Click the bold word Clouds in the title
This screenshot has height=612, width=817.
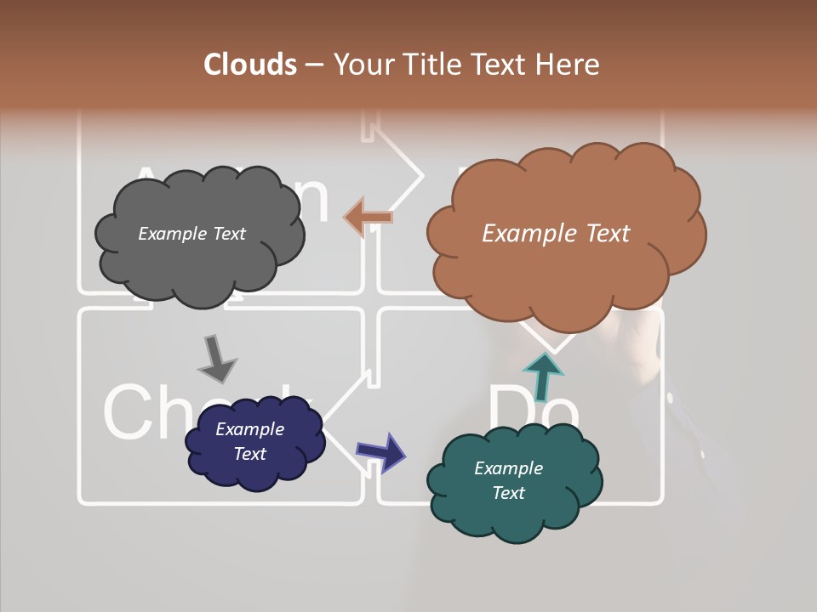249,65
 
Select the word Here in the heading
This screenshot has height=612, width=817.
568,65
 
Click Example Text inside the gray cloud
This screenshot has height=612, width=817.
191,234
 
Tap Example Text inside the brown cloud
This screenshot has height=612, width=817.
556,234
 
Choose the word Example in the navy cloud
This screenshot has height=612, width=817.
249,429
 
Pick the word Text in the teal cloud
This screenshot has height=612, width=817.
508,493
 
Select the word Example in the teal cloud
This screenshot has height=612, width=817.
508,468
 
